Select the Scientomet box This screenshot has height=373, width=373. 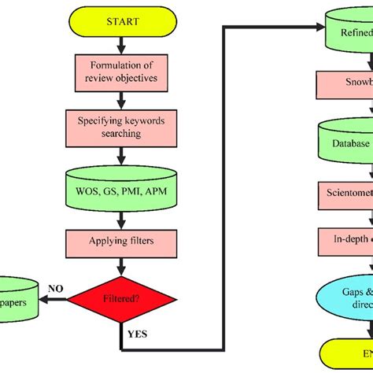tap(345, 191)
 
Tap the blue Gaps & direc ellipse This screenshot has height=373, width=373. tap(346, 297)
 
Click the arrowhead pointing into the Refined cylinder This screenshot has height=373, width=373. tap(318, 28)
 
